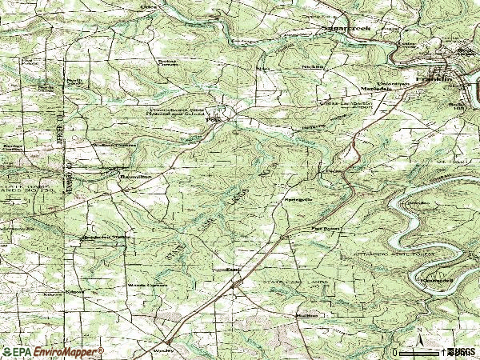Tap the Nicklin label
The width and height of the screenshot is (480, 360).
[x=313, y=67]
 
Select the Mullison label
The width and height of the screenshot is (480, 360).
[x=307, y=315]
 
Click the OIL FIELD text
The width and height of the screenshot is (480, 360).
[x=456, y=161]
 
